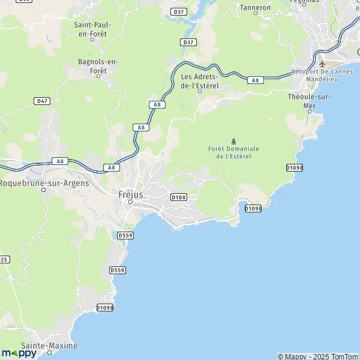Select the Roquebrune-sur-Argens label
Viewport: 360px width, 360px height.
coord(44,183)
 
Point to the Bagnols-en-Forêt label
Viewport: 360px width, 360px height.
coord(98,65)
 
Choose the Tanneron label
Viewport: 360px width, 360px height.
coord(256,8)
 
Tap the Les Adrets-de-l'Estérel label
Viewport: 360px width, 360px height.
coord(200,81)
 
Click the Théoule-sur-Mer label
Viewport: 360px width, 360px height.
coord(310,101)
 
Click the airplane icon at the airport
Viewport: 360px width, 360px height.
coord(322,64)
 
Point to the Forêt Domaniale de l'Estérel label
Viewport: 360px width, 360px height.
coord(233,152)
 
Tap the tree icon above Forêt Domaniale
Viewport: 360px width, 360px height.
coord(233,141)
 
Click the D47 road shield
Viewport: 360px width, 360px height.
coord(41,101)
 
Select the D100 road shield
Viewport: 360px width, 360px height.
coord(178,197)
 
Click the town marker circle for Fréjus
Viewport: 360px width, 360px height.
coord(130,202)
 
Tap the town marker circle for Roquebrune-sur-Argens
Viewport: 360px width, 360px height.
coord(44,190)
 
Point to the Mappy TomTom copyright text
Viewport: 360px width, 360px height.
coord(317,356)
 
